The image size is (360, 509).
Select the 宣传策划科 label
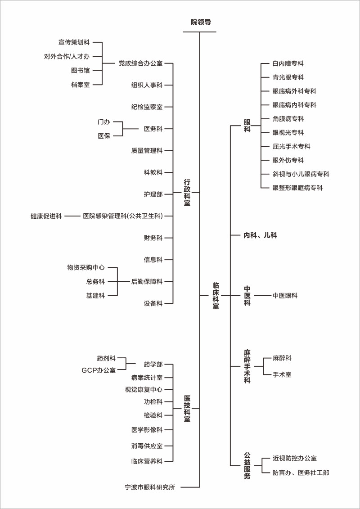[x=74, y=42]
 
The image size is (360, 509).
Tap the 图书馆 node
[x=80, y=71]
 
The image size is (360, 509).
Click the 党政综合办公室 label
[x=140, y=63]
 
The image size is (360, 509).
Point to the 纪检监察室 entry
[x=147, y=107]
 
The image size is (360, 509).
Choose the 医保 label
[x=104, y=136]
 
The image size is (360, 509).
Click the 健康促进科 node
[x=46, y=216]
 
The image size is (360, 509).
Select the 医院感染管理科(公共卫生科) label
[x=123, y=216]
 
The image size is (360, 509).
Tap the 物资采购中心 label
[x=86, y=267]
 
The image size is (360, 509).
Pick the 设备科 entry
[x=153, y=303]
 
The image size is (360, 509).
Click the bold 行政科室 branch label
[x=187, y=193]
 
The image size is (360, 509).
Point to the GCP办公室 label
[x=99, y=370]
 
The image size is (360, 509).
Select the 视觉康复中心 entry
[x=144, y=389]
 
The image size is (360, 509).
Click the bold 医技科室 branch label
[x=187, y=408]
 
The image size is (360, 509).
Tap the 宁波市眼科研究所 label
[x=150, y=487]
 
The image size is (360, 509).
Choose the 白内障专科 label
[x=288, y=63]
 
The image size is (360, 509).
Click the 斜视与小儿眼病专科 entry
[x=301, y=174]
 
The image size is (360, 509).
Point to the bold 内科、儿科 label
[x=261, y=235]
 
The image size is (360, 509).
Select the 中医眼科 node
[x=285, y=296]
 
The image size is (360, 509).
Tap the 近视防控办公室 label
[x=294, y=458]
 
